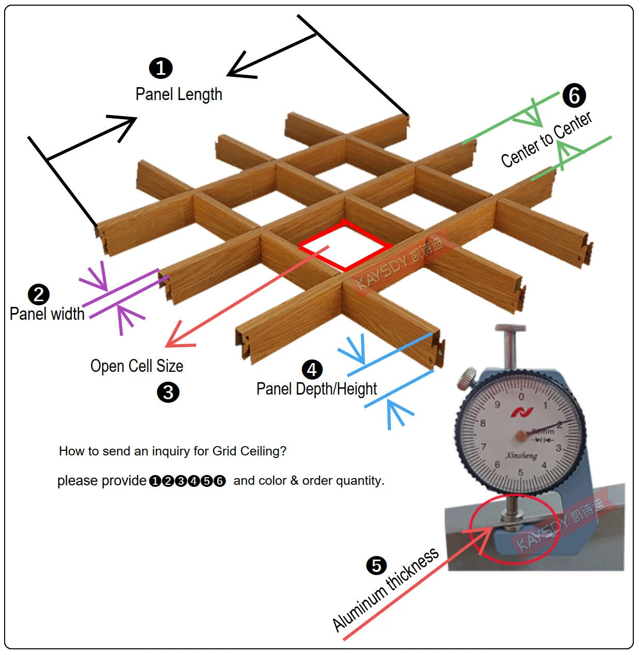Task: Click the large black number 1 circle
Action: pyautogui.click(x=161, y=68)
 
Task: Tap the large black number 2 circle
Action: pyautogui.click(x=39, y=294)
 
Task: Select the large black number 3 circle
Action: pyautogui.click(x=168, y=392)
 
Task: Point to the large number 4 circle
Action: pyautogui.click(x=312, y=369)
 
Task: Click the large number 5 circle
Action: pyautogui.click(x=376, y=565)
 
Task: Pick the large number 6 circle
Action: pyautogui.click(x=574, y=95)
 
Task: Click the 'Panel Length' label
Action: pyautogui.click(x=179, y=94)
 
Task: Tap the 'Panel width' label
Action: pyautogui.click(x=47, y=314)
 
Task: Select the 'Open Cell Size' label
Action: pyautogui.click(x=137, y=366)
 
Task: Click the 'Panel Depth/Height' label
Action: pyautogui.click(x=316, y=389)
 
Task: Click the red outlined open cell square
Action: pyautogui.click(x=345, y=245)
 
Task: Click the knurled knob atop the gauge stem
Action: pyautogui.click(x=509, y=329)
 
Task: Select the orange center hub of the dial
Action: pyautogui.click(x=521, y=436)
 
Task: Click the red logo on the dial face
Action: pyautogui.click(x=518, y=412)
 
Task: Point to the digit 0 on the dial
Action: pyautogui.click(x=521, y=397)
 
